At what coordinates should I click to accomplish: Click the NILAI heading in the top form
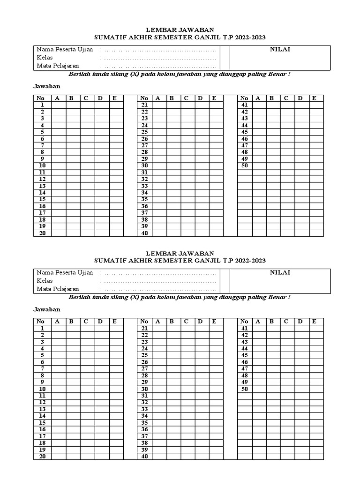point(280,49)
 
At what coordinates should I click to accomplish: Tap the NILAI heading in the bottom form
point(280,272)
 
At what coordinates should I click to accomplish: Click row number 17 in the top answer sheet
point(42,213)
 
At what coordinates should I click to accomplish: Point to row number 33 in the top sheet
point(144,186)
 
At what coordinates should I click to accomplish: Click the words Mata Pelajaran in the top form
point(58,66)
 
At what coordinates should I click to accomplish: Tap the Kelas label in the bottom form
point(45,281)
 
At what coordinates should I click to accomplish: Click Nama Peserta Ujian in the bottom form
point(65,272)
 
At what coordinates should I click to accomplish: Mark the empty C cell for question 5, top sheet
point(87,132)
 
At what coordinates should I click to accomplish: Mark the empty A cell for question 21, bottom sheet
point(159,329)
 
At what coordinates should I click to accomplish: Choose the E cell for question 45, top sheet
point(316,132)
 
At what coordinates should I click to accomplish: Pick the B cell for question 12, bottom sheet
point(73,403)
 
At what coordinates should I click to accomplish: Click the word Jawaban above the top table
point(47,87)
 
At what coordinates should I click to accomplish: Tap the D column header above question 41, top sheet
point(301,98)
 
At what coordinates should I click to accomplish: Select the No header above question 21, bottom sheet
point(144,322)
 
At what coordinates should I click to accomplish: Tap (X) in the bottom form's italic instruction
point(134,298)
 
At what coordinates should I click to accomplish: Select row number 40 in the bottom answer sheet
point(144,457)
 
